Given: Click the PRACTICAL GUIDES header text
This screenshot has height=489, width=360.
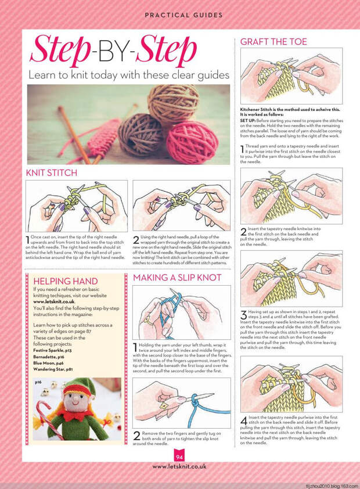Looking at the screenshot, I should click(x=180, y=15).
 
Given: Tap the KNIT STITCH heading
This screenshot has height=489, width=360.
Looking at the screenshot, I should click(x=51, y=173).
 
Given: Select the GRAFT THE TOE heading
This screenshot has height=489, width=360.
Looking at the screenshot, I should click(x=273, y=42).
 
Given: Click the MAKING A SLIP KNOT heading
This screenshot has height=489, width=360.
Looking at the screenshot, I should click(x=177, y=278).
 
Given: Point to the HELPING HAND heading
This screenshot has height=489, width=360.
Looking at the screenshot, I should click(x=66, y=282).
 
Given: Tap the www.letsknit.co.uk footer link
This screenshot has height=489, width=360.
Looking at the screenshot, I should click(x=180, y=466).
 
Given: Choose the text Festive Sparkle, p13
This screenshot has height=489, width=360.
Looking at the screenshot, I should click(x=52, y=351).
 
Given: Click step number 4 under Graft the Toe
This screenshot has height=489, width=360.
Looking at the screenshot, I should click(x=243, y=419).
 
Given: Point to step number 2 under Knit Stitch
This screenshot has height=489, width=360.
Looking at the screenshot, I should click(x=136, y=239).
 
